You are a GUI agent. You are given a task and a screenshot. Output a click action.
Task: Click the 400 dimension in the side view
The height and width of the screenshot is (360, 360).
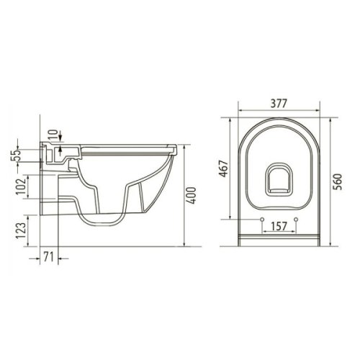[x=192, y=195]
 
